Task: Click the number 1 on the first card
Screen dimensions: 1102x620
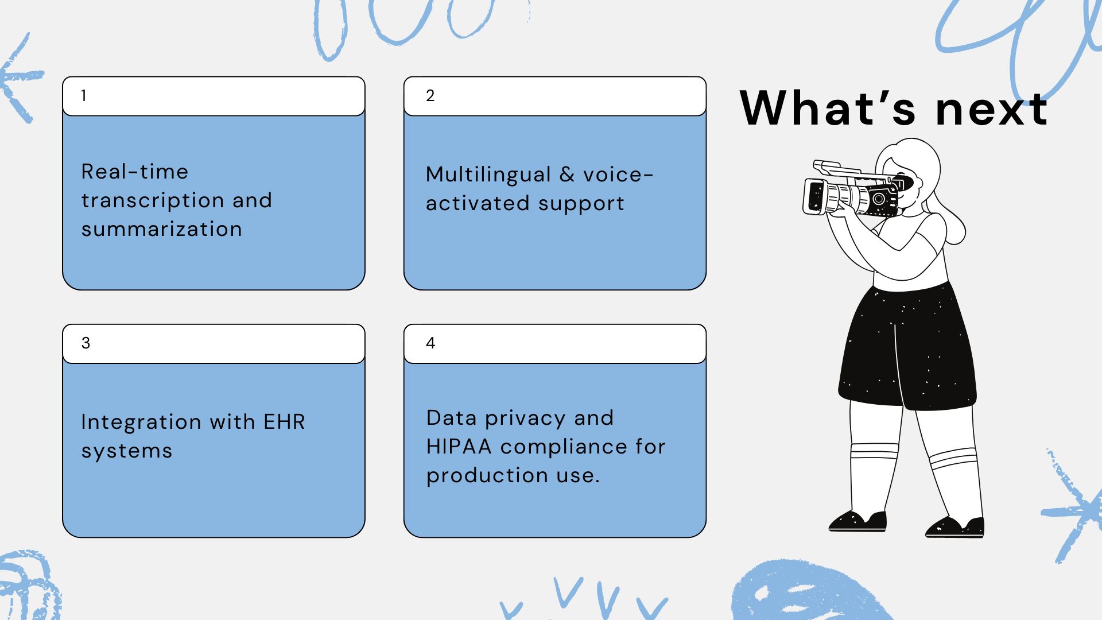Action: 84,95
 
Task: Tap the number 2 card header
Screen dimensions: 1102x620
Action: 555,96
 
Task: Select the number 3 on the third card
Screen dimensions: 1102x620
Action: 86,343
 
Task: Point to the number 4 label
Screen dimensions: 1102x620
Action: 430,343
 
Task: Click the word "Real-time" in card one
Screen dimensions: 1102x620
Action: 135,171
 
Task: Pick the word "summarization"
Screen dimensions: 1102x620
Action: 161,229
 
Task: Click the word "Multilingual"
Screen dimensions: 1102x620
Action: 488,175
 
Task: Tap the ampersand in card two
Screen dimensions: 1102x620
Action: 567,175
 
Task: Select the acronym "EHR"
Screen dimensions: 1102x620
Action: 284,422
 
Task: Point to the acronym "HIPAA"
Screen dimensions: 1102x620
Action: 459,447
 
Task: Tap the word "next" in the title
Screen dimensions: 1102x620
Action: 992,109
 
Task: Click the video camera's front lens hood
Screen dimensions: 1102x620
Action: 814,196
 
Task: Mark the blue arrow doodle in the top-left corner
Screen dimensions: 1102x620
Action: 20,77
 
